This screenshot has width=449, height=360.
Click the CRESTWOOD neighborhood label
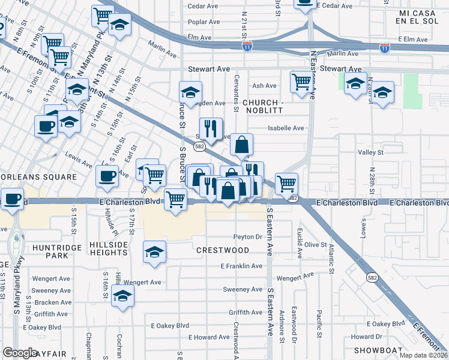tap(221, 250)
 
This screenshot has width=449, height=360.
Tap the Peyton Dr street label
tap(249, 237)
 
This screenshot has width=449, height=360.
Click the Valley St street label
tap(370, 153)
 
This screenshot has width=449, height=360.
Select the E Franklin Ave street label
tap(241, 266)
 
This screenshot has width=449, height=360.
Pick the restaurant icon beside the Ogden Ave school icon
tap(211, 127)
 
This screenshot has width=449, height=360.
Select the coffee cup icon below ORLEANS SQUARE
tap(13, 199)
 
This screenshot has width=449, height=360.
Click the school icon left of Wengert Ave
tap(123, 296)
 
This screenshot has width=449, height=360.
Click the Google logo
tap(20, 353)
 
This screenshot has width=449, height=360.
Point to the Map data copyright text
tap(423, 355)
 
